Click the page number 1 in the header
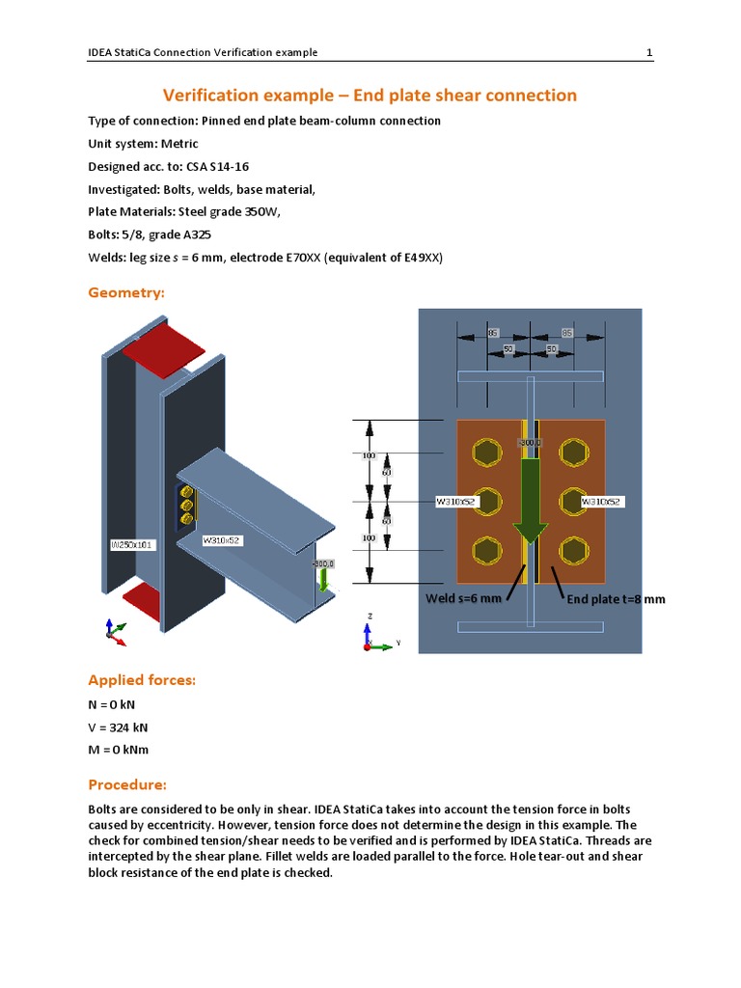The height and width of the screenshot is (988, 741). (649, 52)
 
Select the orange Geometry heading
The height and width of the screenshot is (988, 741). (126, 291)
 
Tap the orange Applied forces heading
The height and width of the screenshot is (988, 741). (142, 680)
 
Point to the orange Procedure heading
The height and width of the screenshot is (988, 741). (127, 783)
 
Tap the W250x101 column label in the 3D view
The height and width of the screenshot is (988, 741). (130, 545)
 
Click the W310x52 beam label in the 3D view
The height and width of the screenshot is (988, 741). (221, 541)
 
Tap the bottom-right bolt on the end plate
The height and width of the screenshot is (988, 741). (572, 551)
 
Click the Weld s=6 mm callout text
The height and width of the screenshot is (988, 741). (463, 599)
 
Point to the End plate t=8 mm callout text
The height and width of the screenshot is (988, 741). (616, 599)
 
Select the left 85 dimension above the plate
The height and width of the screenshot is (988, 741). (492, 333)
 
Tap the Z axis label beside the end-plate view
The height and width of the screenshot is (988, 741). (371, 615)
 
